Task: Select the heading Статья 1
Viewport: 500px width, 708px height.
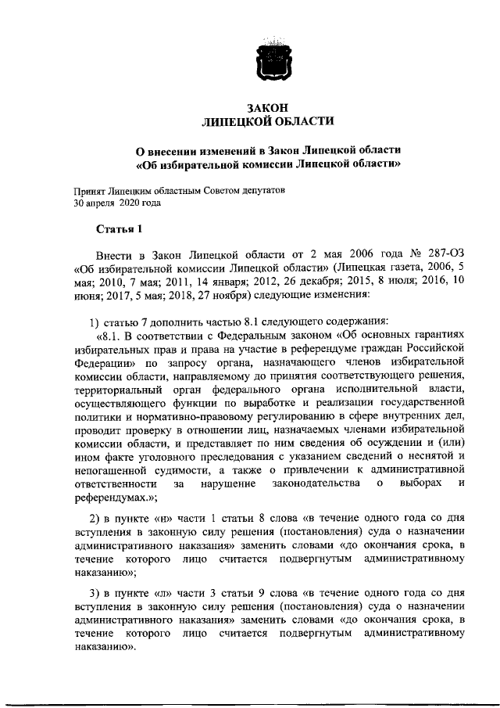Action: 120,228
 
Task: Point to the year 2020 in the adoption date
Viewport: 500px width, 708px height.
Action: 133,203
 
